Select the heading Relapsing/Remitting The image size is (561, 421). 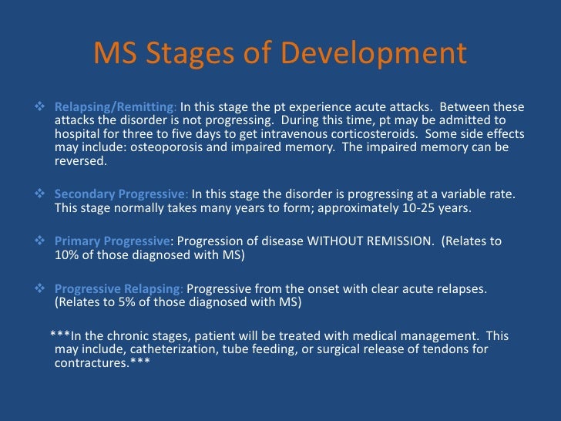(116, 106)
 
